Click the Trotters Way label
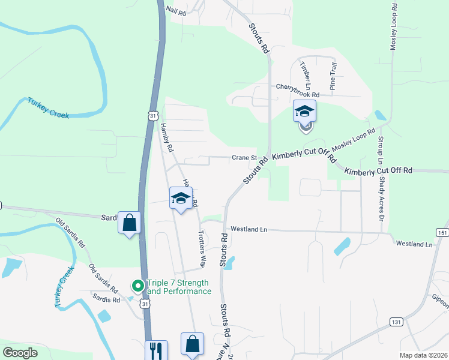[203, 248]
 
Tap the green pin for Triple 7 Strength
[138, 286]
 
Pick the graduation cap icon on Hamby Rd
[180, 199]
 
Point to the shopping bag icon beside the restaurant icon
[192, 344]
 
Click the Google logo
[20, 353]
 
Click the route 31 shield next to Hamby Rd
[154, 115]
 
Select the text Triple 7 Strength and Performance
[179, 287]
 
